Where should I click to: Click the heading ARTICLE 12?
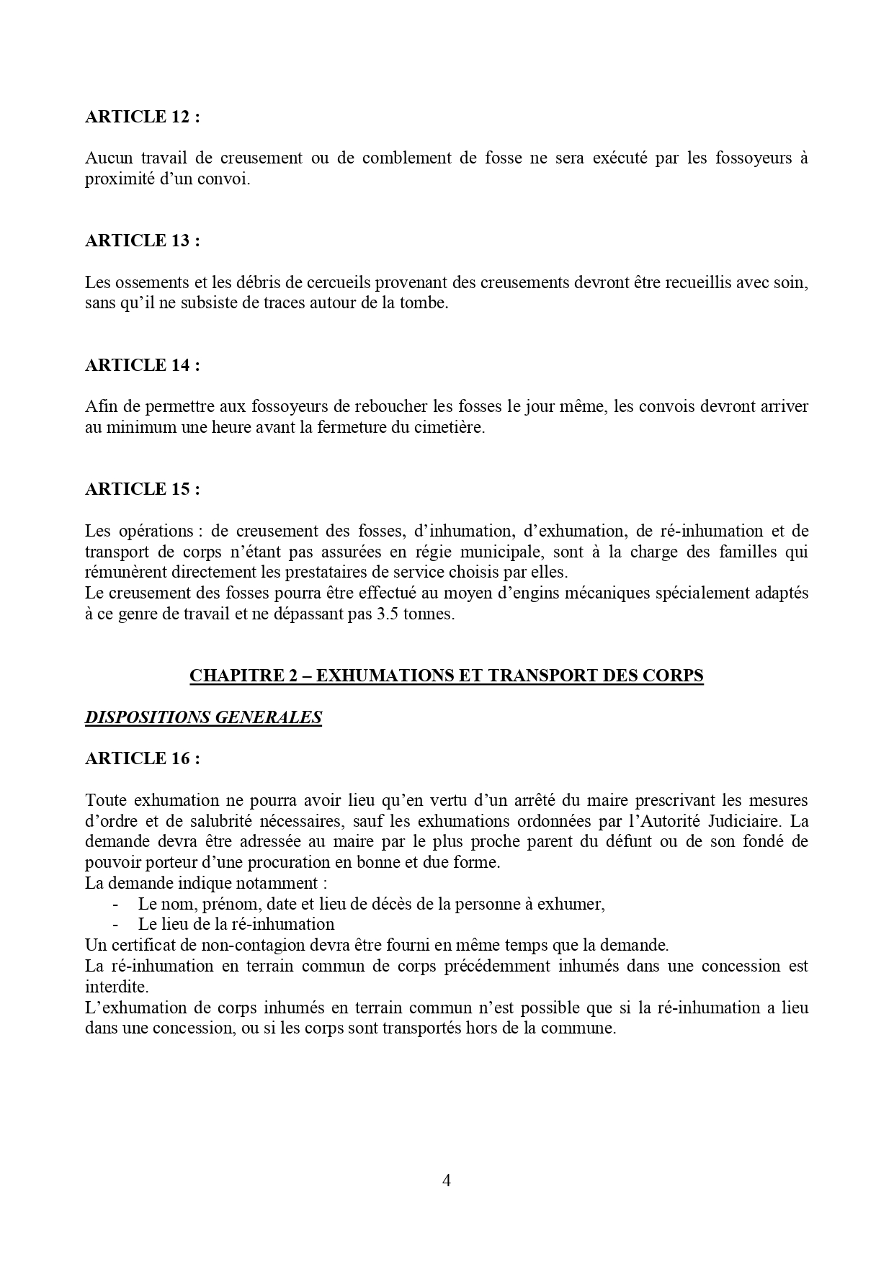tap(142, 117)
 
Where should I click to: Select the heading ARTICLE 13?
tap(142, 241)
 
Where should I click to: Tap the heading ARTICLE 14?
tap(142, 365)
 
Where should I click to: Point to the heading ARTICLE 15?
tap(142, 489)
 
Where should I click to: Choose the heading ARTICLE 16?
tap(142, 758)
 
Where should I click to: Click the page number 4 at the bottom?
tap(447, 1180)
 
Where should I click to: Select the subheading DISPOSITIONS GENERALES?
tap(203, 717)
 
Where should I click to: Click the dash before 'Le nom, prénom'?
tap(115, 904)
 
